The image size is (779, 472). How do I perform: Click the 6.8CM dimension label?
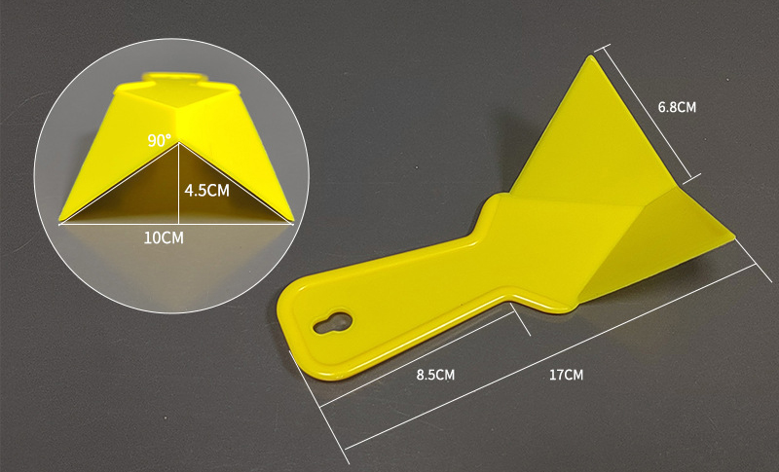(677, 107)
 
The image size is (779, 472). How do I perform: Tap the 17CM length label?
(566, 375)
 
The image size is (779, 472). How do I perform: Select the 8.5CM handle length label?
(435, 375)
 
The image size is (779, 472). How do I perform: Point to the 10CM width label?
(164, 237)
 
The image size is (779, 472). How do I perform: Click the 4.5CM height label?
(207, 190)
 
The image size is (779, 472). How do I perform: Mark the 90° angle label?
(159, 140)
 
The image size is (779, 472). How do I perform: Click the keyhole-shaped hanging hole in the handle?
(332, 322)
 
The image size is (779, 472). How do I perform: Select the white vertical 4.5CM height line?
(178, 183)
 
